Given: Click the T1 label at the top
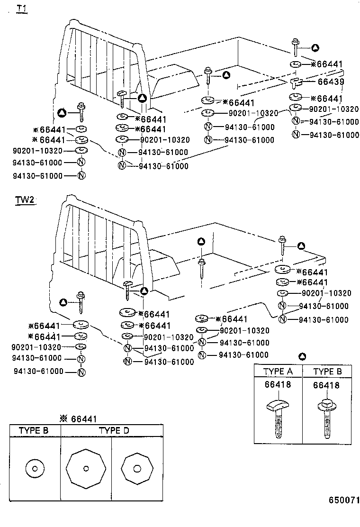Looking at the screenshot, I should (x=22, y=9).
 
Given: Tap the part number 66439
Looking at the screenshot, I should (x=330, y=82).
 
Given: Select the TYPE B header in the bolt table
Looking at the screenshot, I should (x=327, y=371).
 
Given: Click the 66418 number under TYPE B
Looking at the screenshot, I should (x=326, y=385).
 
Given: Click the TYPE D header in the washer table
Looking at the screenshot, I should (x=113, y=430).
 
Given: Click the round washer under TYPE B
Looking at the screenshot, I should (x=35, y=468).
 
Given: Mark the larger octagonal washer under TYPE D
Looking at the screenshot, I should (x=85, y=469).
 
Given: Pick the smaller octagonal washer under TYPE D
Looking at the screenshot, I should (x=138, y=469).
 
